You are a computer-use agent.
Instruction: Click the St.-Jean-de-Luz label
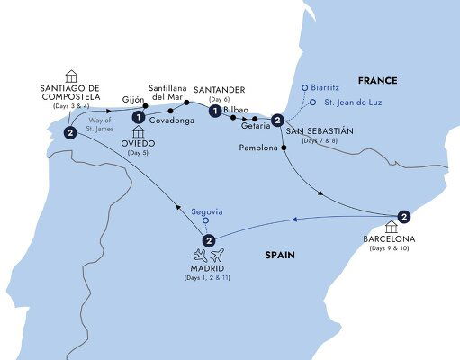pyautogui.click(x=347, y=103)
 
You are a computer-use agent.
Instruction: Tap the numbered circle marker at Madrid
pyautogui.click(x=208, y=240)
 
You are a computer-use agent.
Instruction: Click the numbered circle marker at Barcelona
pyautogui.click(x=404, y=216)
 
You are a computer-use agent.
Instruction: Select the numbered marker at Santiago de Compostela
pyautogui.click(x=69, y=134)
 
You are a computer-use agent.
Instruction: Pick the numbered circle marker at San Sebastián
pyautogui.click(x=277, y=121)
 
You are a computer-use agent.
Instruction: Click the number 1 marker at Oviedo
pyautogui.click(x=138, y=117)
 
